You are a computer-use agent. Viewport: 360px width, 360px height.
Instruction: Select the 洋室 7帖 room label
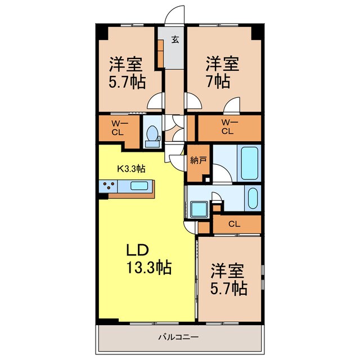click(x=222, y=72)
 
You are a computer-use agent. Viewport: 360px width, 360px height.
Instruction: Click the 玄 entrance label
click(x=175, y=39)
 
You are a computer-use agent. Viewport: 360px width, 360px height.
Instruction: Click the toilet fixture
click(x=151, y=135)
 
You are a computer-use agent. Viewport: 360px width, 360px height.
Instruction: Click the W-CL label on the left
click(x=118, y=129)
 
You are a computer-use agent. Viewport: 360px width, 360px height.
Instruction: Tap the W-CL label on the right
click(x=227, y=128)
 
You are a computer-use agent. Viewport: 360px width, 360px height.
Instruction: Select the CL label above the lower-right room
click(x=235, y=224)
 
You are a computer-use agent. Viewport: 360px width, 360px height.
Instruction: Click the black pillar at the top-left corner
click(x=101, y=32)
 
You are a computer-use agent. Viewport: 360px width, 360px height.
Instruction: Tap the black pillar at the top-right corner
click(x=256, y=31)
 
